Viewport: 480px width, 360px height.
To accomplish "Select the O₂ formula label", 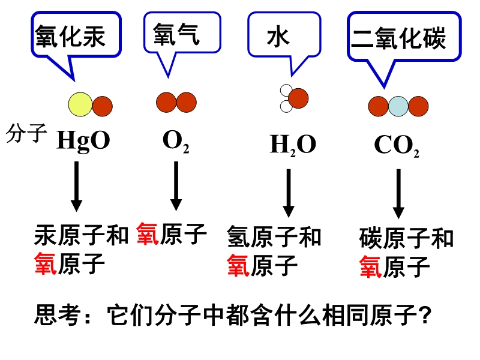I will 176,142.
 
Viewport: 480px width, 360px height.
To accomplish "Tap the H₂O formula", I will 293,145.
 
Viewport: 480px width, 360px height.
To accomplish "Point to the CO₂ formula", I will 397,146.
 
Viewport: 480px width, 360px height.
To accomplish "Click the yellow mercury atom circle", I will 80,105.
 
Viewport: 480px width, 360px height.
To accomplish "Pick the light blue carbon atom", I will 398,107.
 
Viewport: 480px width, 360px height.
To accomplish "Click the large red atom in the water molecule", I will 298,97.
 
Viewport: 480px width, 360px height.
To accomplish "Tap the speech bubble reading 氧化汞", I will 71,36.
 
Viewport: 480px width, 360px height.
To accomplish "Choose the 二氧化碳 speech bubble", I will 398,40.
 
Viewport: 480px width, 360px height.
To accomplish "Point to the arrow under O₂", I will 176,185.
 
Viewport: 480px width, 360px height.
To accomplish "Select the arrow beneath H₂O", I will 289,192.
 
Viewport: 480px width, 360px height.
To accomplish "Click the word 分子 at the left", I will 26,133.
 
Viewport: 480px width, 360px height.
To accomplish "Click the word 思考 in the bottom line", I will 58,314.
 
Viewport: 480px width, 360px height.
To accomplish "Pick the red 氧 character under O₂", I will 148,233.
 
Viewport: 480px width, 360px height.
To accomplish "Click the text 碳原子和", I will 407,239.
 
